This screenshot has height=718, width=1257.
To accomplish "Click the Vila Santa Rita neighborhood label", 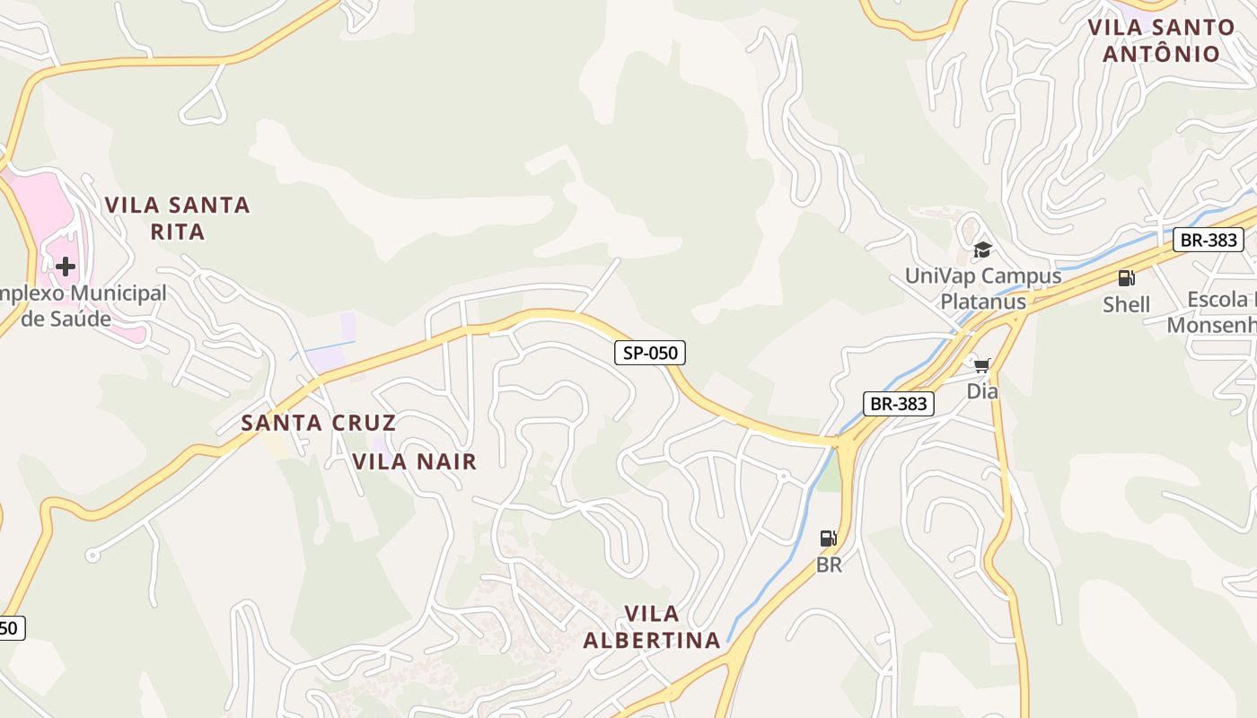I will [x=177, y=218].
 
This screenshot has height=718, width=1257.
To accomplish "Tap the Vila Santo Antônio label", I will [x=1161, y=40].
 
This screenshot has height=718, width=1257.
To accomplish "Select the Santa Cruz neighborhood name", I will [x=318, y=423].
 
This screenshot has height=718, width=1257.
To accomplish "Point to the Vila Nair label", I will [x=414, y=461].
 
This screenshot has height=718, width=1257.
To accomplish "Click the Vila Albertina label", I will [x=652, y=626].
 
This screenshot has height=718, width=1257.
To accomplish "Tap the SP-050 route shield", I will [x=650, y=353].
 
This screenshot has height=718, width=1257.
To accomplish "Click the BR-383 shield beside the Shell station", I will [x=1209, y=240].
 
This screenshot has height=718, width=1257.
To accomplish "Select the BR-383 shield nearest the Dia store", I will [x=899, y=404].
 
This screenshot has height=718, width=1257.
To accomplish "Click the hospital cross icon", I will [x=65, y=267].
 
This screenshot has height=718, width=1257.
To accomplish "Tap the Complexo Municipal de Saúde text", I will [x=81, y=306].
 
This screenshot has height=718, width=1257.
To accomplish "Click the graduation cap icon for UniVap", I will [x=982, y=250].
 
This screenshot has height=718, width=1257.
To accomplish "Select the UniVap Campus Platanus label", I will [x=983, y=288].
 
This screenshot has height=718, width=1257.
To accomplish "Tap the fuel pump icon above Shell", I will [x=1126, y=278].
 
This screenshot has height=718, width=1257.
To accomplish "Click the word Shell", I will [x=1126, y=304].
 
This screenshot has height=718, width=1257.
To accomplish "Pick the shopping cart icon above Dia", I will [x=982, y=365].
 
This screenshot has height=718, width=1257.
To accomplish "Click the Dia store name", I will [x=982, y=391].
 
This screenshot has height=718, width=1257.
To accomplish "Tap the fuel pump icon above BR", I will [x=828, y=538].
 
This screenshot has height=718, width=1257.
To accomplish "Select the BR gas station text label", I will [x=828, y=565].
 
